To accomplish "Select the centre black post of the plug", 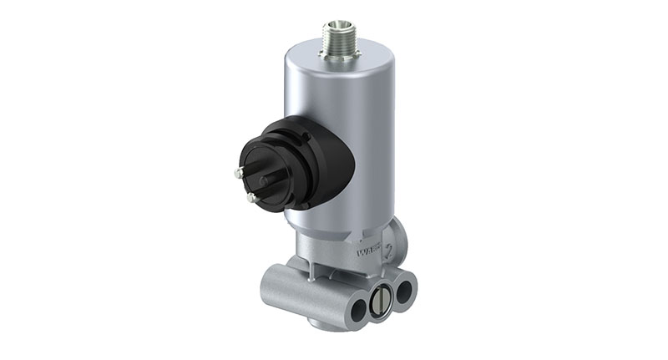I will click(266, 180).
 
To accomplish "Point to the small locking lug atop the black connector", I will click(306, 134).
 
